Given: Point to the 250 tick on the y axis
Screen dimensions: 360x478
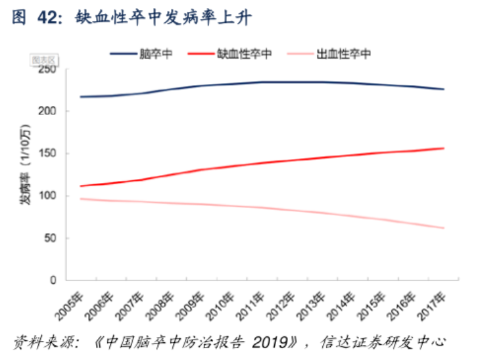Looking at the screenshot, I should pos(49,69).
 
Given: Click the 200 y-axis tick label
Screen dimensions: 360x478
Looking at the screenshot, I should pos(49,111).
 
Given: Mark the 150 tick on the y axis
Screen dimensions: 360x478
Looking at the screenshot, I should pos(49,153).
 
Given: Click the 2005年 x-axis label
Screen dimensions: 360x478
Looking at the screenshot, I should pos(74,302).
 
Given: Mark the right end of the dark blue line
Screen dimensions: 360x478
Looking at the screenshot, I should pos(444,89).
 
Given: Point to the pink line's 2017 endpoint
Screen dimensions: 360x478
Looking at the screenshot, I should pos(444,228).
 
